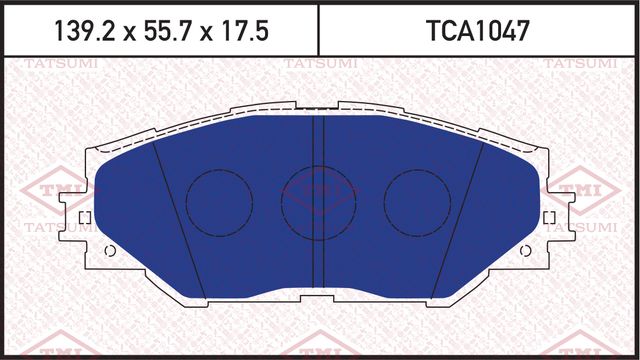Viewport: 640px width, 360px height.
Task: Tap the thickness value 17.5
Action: click(x=241, y=31)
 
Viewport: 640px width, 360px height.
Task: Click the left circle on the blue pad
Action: click(x=219, y=194)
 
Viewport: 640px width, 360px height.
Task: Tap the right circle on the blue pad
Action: click(x=414, y=194)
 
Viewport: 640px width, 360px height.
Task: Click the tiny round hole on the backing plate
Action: click(x=109, y=250)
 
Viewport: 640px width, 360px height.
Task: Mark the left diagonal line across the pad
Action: click(x=179, y=220)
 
